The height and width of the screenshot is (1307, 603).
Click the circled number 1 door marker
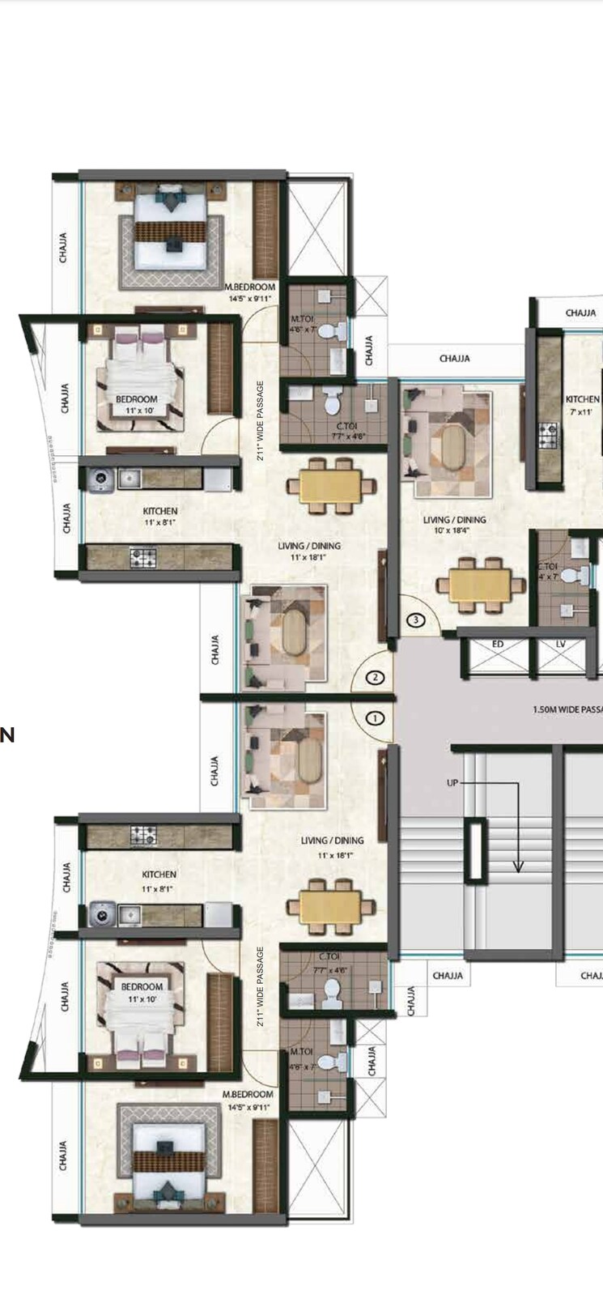pos(375,717)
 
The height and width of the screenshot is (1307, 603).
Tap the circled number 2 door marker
pos(375,677)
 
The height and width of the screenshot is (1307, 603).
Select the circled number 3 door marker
pos(415,620)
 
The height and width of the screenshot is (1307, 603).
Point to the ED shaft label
pos(498,644)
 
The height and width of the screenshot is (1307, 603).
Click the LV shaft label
pos(561,644)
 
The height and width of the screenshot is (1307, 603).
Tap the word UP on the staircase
pos(452,783)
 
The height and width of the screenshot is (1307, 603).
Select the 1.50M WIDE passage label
pos(567,709)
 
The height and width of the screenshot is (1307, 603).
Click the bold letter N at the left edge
pos(7,735)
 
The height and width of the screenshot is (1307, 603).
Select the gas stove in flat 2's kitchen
pos(142,557)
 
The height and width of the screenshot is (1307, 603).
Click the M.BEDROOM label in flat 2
pos(249,287)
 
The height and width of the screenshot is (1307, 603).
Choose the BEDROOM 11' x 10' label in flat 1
pos(142,986)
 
